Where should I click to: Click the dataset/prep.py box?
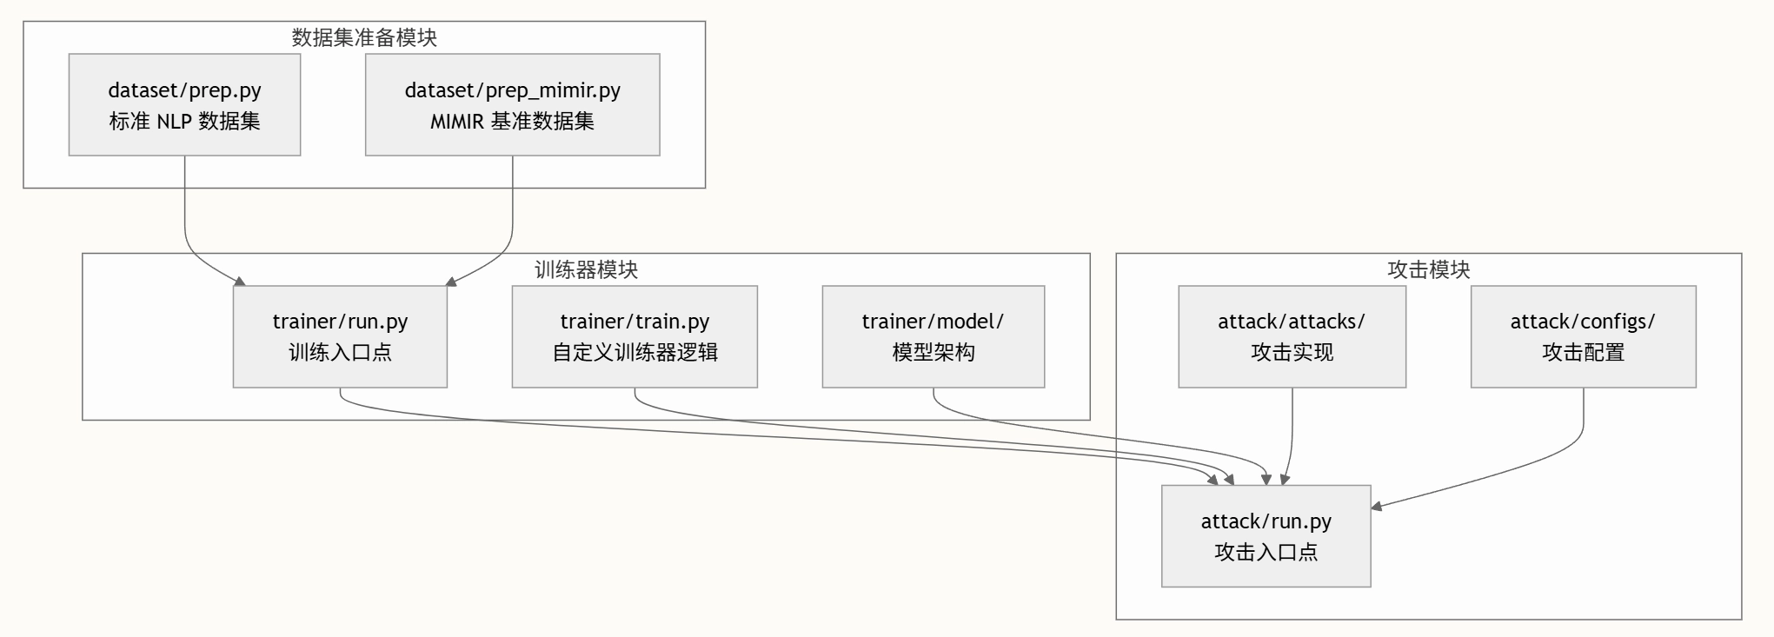point(184,104)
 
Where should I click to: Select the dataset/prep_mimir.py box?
point(512,104)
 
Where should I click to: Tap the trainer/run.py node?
point(340,336)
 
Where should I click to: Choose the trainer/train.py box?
point(635,336)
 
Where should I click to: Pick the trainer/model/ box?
point(933,336)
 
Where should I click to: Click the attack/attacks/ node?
point(1292,336)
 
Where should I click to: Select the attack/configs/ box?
point(1583,336)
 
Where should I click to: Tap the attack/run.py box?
point(1266,535)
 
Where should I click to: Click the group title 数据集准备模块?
point(364,37)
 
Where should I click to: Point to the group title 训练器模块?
point(586,269)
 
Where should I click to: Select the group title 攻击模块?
point(1428,269)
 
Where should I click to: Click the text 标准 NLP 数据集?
point(184,121)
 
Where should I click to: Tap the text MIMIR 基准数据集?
point(512,121)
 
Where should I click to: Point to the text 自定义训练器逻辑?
point(635,352)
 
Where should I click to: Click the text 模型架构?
point(933,352)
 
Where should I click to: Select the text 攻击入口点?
point(1266,552)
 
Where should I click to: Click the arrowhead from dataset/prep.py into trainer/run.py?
point(241,281)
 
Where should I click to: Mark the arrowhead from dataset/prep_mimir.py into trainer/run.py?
point(450,282)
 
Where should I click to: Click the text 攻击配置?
point(1583,352)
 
